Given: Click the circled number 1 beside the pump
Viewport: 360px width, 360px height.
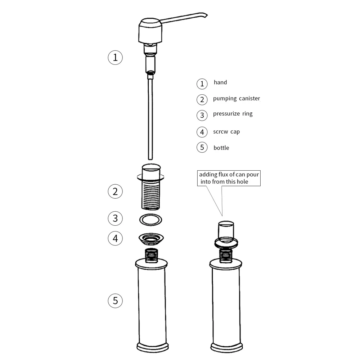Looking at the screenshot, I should (115, 57).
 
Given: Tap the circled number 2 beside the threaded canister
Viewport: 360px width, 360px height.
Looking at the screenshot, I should (115, 191).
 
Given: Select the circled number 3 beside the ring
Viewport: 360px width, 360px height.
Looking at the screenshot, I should (115, 218).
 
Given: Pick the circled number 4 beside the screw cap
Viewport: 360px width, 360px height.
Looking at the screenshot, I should (115, 238).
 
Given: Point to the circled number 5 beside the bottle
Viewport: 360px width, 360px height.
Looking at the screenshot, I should (115, 300).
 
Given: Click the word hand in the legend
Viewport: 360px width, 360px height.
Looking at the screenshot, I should (220, 82).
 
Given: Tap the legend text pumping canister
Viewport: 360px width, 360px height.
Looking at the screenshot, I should (236, 98).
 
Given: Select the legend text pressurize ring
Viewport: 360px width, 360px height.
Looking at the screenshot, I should (233, 114).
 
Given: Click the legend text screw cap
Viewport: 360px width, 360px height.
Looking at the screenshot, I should (226, 132).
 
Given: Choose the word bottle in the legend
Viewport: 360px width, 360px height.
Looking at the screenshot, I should (221, 148).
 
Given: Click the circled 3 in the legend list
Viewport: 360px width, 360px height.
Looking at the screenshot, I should (202, 115).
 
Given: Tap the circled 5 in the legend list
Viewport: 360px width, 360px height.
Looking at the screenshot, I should (202, 147).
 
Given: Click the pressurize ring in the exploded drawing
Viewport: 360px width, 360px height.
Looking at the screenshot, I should (150, 219).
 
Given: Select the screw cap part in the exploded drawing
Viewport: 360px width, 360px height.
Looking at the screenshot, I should (151, 238).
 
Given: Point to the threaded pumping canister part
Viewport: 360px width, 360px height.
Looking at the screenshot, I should (150, 194).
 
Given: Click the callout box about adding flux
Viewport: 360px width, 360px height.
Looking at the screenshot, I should (229, 178).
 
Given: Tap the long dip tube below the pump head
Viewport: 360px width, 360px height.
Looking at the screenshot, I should (150, 119).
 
